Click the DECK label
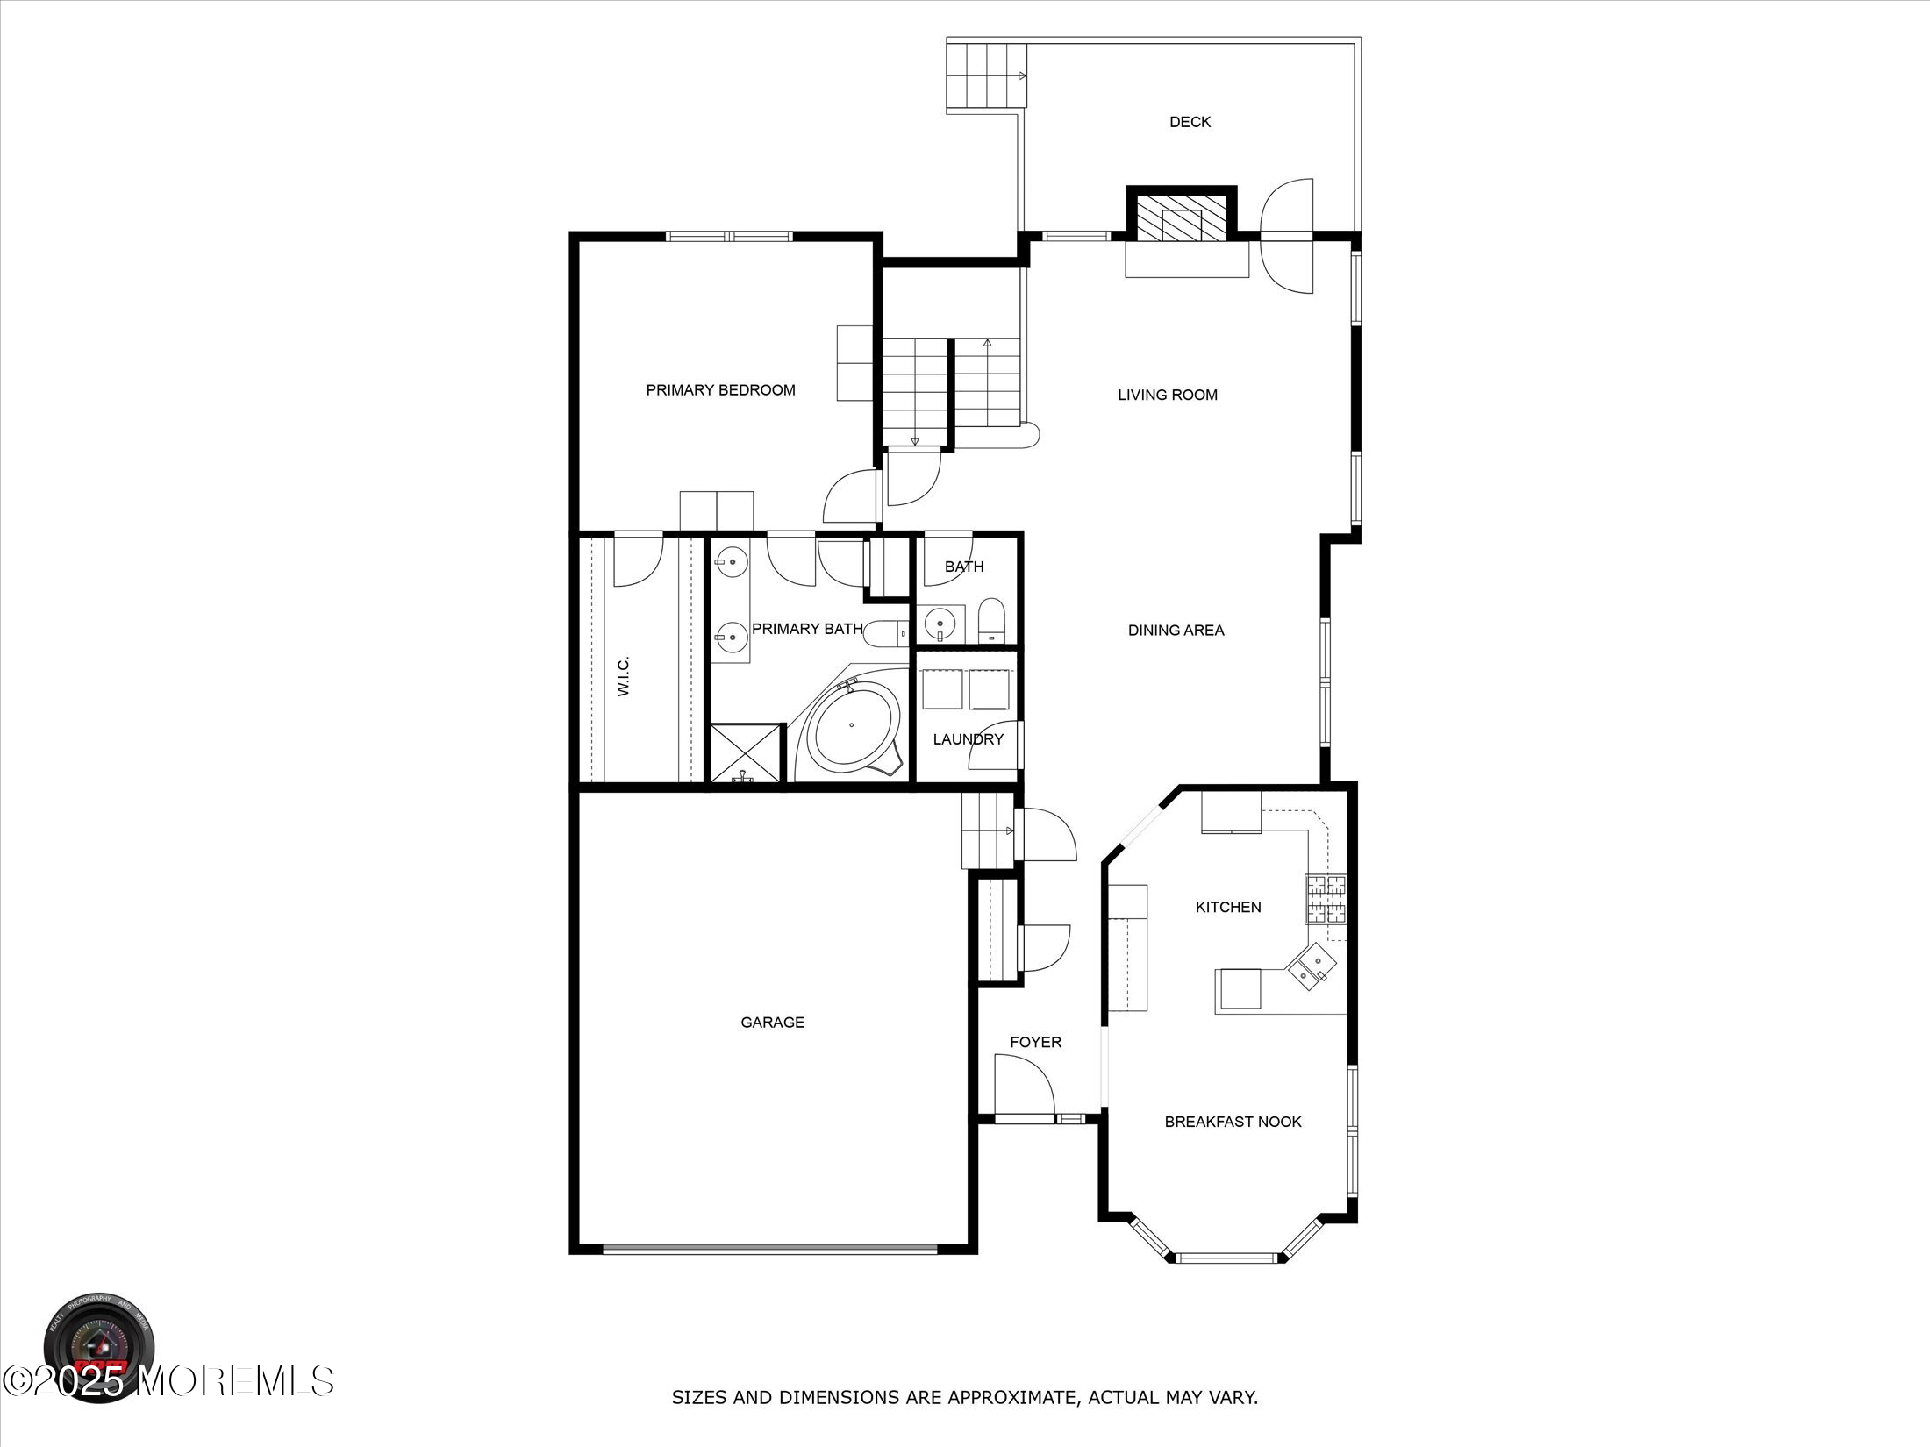[1190, 122]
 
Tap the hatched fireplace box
[1181, 217]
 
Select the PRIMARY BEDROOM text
[720, 390]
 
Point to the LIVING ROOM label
[1167, 395]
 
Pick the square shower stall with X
[744, 752]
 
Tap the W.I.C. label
[624, 677]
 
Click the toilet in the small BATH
[990, 620]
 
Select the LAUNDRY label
[967, 739]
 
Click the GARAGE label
[772, 1022]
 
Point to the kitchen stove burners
[1325, 899]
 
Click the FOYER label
[1035, 1042]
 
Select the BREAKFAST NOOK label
[1233, 1122]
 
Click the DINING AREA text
[1176, 630]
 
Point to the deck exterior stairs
[986, 75]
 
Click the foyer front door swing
[1024, 1085]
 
